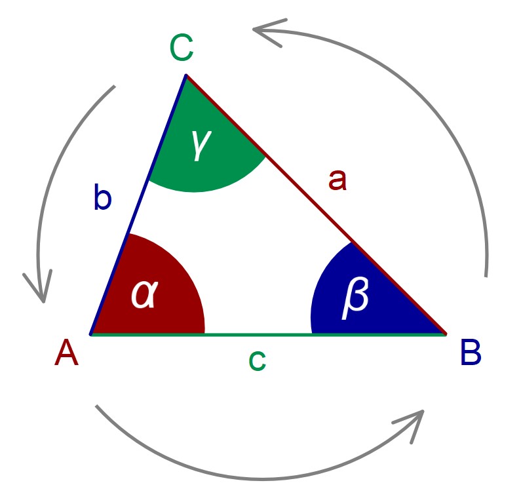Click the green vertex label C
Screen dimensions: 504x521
click(181, 48)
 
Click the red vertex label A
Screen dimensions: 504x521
click(67, 355)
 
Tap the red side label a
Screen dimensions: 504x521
click(337, 180)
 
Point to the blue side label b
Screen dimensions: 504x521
click(102, 197)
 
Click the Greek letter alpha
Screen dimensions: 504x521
click(144, 294)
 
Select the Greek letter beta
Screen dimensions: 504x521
click(356, 298)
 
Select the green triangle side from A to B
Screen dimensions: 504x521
click(262, 334)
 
